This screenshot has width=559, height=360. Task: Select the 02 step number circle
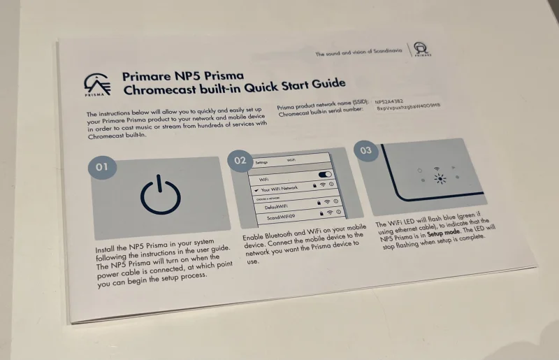[x=240, y=160]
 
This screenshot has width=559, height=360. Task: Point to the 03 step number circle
[x=365, y=150]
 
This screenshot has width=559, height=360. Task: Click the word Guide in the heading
[x=326, y=84]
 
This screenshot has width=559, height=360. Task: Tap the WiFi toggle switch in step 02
[x=324, y=174]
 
